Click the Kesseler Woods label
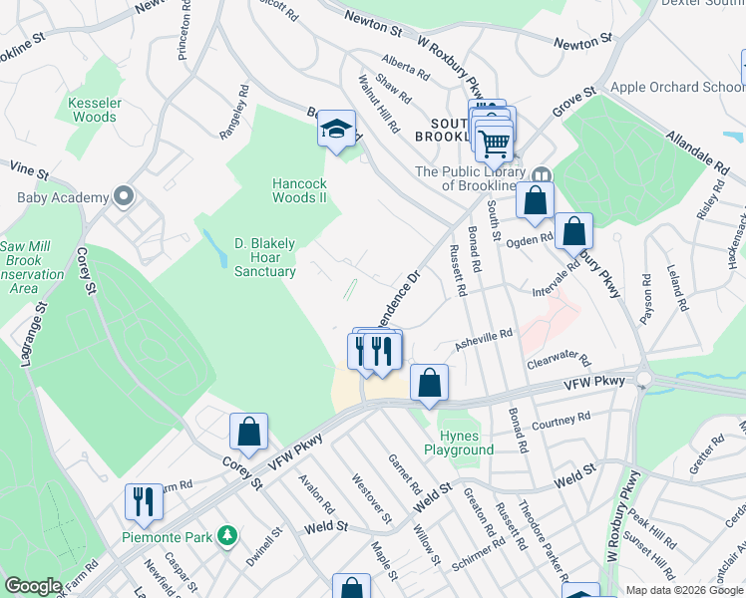[94, 110]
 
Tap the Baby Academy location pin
[124, 196]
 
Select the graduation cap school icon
[337, 129]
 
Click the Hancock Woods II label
[300, 190]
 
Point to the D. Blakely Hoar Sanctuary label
[264, 257]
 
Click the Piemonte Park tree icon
[228, 536]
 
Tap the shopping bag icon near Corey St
[248, 433]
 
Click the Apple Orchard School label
[678, 87]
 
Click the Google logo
[33, 586]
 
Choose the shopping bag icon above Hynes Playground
[429, 383]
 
